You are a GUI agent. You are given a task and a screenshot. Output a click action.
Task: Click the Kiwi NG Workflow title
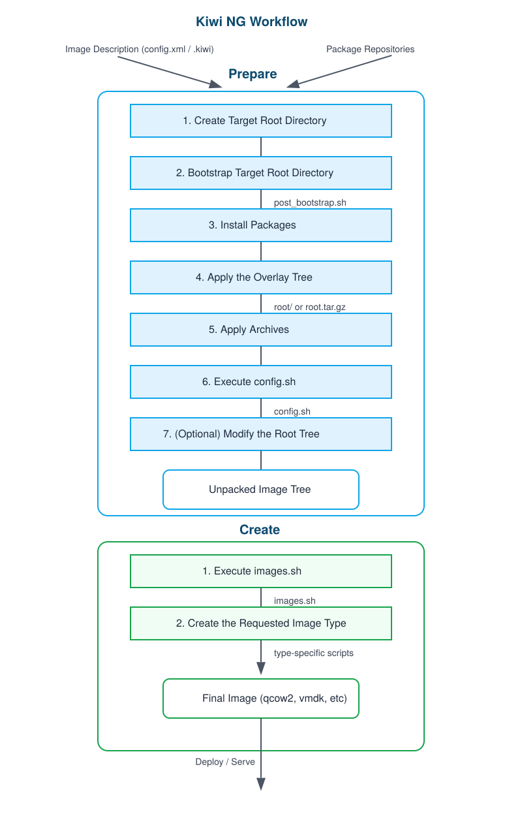tap(252, 22)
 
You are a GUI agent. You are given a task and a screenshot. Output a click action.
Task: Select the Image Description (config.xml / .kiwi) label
tap(140, 50)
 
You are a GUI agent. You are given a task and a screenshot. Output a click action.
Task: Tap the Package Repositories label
tap(370, 50)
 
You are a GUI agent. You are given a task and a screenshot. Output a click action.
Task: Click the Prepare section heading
tap(253, 74)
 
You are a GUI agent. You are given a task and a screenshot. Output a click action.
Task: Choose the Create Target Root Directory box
tap(261, 121)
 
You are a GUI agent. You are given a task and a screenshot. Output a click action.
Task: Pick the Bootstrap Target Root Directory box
tap(261, 173)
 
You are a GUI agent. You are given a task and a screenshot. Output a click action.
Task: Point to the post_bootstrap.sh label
tap(310, 202)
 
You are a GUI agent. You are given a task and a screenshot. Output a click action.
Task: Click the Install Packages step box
tap(261, 225)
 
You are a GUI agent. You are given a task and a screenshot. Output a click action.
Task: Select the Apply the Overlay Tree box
tap(261, 277)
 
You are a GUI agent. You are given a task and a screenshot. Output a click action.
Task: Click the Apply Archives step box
tap(261, 330)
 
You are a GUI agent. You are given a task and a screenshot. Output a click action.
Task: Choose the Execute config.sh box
tap(261, 382)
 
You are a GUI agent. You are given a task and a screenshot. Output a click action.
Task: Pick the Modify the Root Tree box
tap(261, 434)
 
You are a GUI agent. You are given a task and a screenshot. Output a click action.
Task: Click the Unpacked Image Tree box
tap(261, 490)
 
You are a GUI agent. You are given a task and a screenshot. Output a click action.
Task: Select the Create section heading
tap(260, 530)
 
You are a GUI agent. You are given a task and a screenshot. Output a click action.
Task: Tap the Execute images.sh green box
tap(261, 571)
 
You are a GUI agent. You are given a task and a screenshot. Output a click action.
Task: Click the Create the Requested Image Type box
tap(261, 623)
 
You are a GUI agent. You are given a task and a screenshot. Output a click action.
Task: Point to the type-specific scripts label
tap(314, 653)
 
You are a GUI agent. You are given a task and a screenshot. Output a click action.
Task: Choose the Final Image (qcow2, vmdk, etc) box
tap(261, 698)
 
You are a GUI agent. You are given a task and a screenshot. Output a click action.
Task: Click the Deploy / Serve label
tap(225, 762)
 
